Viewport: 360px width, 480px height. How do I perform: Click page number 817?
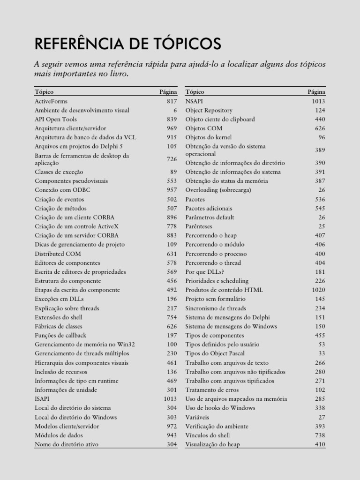coord(171,101)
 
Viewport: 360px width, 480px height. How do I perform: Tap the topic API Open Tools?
coord(56,120)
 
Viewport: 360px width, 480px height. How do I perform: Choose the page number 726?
coord(171,159)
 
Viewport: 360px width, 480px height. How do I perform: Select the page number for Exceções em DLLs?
coord(171,299)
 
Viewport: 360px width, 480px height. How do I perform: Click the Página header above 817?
coord(168,92)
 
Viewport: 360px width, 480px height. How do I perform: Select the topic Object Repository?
coord(209,111)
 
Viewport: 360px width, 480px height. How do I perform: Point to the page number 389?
coord(320,150)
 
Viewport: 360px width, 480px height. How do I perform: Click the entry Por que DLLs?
coord(204,272)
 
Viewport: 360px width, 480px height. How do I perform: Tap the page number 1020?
coord(317,290)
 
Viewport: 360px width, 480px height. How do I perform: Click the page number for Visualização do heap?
coord(320,444)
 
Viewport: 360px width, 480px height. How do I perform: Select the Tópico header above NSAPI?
coord(195,92)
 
